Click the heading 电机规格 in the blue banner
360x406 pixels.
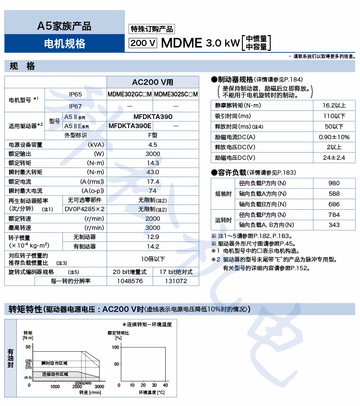[64, 44]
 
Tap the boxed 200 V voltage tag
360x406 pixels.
[143, 43]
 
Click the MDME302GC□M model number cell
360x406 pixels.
[130, 94]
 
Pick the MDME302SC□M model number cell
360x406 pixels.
[176, 94]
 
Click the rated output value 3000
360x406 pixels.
[153, 154]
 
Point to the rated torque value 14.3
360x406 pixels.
[153, 163]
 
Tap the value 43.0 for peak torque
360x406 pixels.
[153, 172]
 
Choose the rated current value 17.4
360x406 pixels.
[153, 181]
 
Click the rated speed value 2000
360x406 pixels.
[153, 218]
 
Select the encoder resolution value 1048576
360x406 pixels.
[130, 281]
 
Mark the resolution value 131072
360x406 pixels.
[176, 281]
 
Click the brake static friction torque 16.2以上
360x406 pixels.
[334, 105]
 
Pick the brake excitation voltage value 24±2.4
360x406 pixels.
[334, 157]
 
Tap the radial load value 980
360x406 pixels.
[334, 183]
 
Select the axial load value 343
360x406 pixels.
[334, 225]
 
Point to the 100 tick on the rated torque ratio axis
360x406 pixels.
[115, 346]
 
